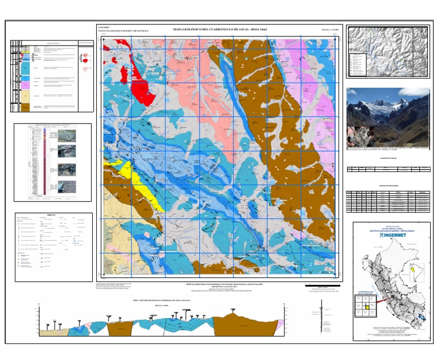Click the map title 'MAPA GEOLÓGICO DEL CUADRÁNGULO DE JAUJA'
pos(220,29)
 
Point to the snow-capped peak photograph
pos(387,116)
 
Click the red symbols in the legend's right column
pos(85,59)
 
